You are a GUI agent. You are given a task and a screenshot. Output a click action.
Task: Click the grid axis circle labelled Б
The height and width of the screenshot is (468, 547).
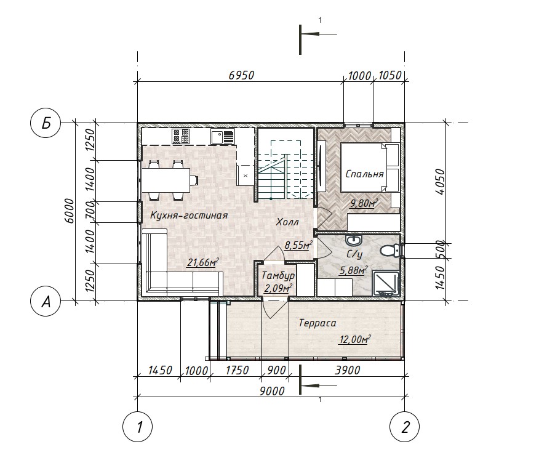(x=46, y=123)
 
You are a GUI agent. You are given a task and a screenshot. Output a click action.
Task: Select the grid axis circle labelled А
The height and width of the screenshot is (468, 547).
(x=46, y=301)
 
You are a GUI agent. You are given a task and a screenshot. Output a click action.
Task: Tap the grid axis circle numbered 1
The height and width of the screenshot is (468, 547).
(x=138, y=427)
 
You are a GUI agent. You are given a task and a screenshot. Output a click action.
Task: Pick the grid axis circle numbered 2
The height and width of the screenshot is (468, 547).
(x=405, y=427)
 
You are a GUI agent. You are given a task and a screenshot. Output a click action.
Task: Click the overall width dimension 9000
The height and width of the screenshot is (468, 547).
(x=272, y=391)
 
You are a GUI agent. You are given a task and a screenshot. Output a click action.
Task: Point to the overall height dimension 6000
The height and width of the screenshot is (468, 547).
(x=70, y=211)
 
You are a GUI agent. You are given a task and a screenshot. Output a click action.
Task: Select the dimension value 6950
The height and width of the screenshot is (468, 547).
(x=241, y=75)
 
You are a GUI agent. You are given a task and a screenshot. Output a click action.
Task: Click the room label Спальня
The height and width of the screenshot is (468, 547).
(x=364, y=174)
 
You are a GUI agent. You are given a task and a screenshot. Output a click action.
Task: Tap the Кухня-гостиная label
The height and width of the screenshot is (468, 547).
(x=189, y=215)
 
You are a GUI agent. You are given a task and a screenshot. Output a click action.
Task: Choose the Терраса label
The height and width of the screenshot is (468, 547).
(x=317, y=323)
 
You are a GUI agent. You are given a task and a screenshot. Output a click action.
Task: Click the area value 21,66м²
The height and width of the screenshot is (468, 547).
(x=202, y=262)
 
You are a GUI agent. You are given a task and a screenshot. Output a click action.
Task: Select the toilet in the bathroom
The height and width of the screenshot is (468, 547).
(x=389, y=251)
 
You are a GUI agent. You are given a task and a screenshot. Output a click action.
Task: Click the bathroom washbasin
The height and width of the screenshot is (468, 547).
(x=354, y=240)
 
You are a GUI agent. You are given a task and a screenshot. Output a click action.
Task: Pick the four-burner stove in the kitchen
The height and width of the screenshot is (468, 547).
(x=181, y=136)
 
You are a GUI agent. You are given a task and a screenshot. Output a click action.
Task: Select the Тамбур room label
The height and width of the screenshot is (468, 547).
(x=278, y=276)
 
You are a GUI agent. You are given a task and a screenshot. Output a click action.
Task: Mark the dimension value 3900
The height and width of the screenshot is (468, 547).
(x=347, y=370)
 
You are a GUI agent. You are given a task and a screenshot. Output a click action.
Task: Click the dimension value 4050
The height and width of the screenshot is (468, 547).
(x=441, y=182)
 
